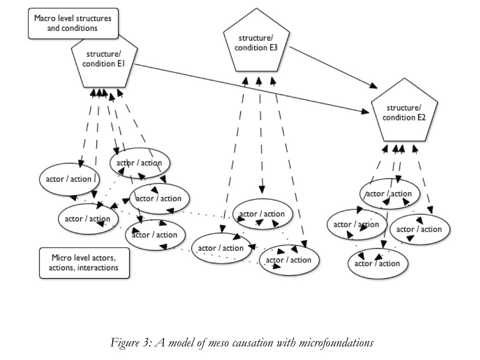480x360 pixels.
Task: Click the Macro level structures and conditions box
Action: pos(72,23)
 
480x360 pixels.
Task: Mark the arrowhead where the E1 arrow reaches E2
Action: pos(365,112)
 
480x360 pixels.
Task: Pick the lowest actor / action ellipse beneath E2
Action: pos(378,263)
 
